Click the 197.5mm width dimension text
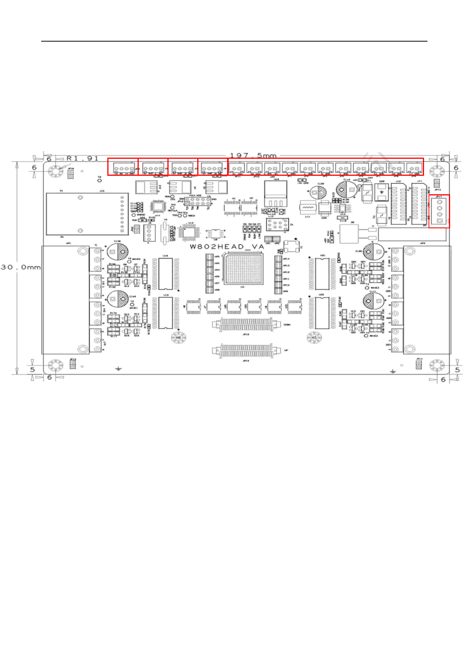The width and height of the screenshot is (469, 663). point(253,155)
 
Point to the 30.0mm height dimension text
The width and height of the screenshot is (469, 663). point(20,267)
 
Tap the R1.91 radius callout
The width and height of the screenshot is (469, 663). point(82,158)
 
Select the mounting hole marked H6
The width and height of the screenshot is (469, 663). point(178,337)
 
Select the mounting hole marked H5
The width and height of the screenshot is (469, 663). point(314,337)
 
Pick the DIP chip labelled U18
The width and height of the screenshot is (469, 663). point(166,274)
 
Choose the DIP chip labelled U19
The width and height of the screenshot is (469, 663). point(166,313)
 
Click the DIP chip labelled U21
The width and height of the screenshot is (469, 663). point(322,274)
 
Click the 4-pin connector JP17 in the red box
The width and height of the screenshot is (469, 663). point(439,211)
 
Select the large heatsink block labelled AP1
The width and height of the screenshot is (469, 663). point(65,300)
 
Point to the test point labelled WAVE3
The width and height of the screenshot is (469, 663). point(367,288)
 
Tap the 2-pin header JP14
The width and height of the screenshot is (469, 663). point(419,365)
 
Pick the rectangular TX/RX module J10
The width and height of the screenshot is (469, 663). point(86,214)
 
